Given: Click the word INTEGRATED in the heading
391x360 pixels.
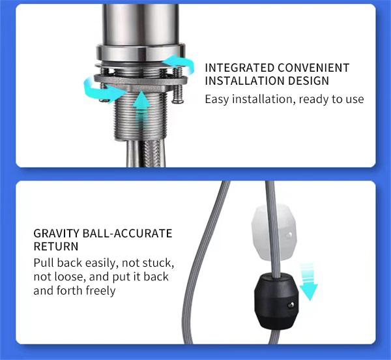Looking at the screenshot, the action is click(239, 68).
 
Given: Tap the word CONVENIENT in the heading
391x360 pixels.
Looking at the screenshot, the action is click(313, 68).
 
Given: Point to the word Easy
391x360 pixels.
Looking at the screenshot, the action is click(217, 100).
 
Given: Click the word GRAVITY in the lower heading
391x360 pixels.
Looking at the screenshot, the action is click(56, 233).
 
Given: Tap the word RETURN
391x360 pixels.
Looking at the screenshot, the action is click(56, 247).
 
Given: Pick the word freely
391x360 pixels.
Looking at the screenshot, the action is click(100, 291).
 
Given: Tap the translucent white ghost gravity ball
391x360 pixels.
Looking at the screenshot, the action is click(274, 232).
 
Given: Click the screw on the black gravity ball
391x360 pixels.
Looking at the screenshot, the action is click(291, 305).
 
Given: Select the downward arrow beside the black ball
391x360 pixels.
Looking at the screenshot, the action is click(308, 282).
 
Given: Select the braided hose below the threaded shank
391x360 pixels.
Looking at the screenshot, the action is click(152, 153).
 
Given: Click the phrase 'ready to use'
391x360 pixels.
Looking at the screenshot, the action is click(331, 100).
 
